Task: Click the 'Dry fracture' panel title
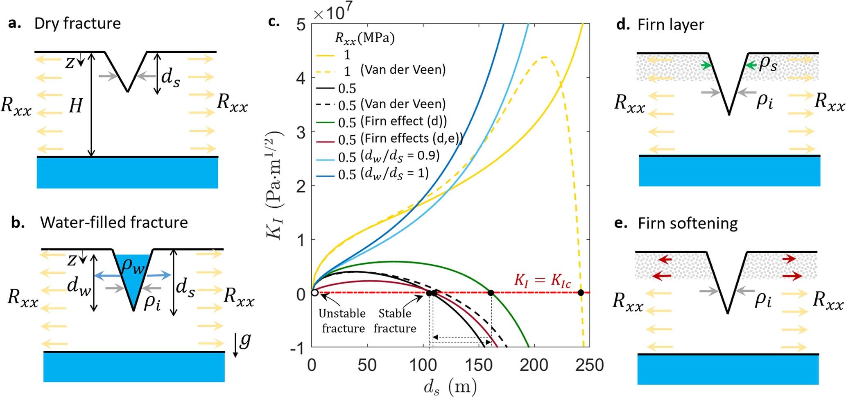77,23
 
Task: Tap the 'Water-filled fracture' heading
114,222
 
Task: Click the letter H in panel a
75,107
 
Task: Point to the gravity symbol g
244,340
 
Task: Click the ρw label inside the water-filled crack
133,266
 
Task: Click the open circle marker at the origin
314,293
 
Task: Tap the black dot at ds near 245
580,293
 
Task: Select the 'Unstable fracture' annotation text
342,321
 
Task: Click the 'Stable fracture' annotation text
395,321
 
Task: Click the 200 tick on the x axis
534,365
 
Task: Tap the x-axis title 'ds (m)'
450,386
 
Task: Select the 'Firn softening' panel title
688,223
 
